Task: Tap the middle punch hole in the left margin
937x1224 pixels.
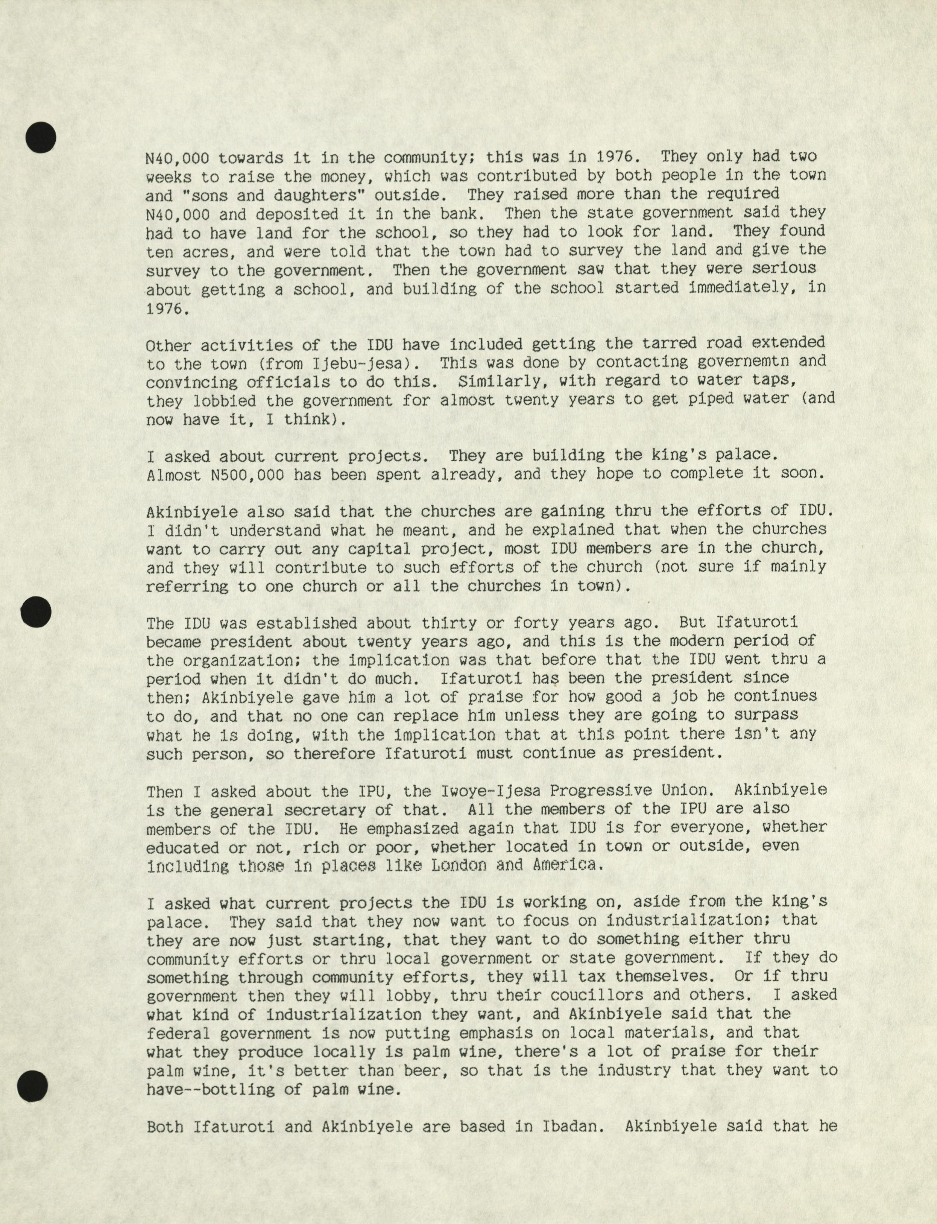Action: (36, 612)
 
